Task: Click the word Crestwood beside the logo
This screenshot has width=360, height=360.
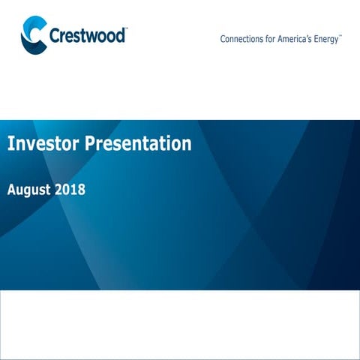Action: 88,36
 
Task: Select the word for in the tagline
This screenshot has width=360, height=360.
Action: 275,40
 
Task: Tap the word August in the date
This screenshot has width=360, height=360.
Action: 28,190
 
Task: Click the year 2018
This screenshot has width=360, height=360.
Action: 70,189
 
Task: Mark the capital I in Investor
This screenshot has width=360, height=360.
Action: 10,143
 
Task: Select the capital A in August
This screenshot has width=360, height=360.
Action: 11,189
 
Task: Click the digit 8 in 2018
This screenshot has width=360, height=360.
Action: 81,189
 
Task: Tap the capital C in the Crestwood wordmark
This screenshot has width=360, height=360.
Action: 55,36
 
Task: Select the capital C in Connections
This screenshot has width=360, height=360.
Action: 223,40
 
